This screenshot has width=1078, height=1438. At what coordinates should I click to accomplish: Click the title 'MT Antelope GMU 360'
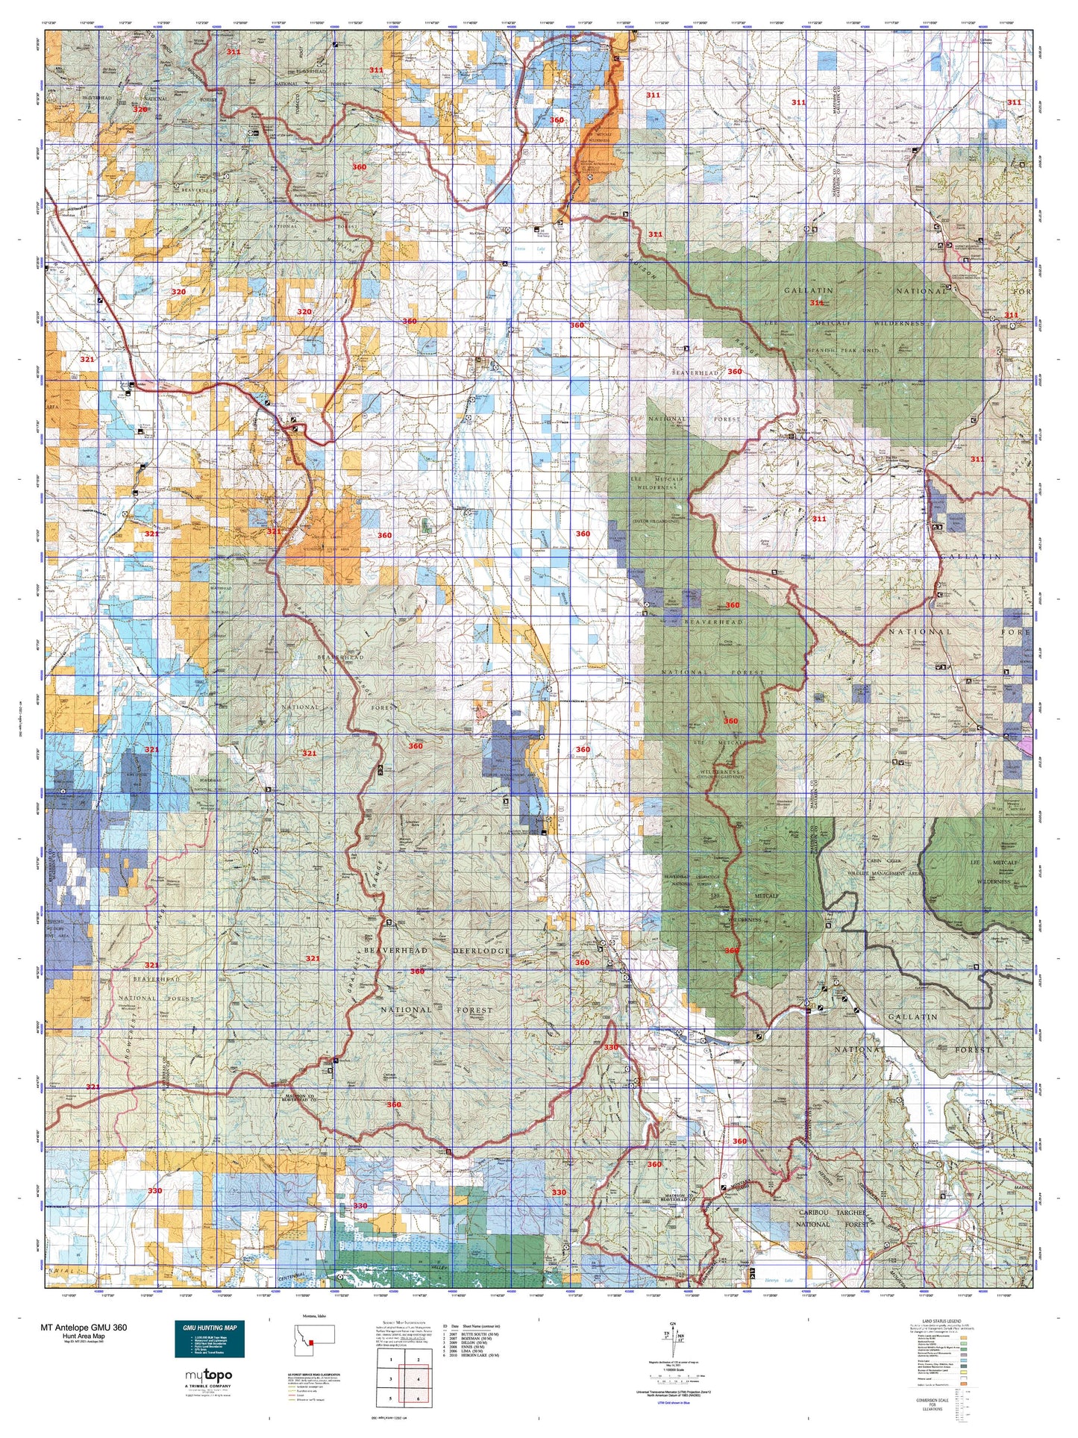(84, 1328)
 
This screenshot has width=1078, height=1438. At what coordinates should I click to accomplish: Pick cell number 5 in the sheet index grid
(391, 1398)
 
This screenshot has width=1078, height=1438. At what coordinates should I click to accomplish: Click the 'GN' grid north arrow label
(674, 1324)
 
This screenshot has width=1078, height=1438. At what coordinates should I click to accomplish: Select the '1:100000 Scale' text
(674, 1377)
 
